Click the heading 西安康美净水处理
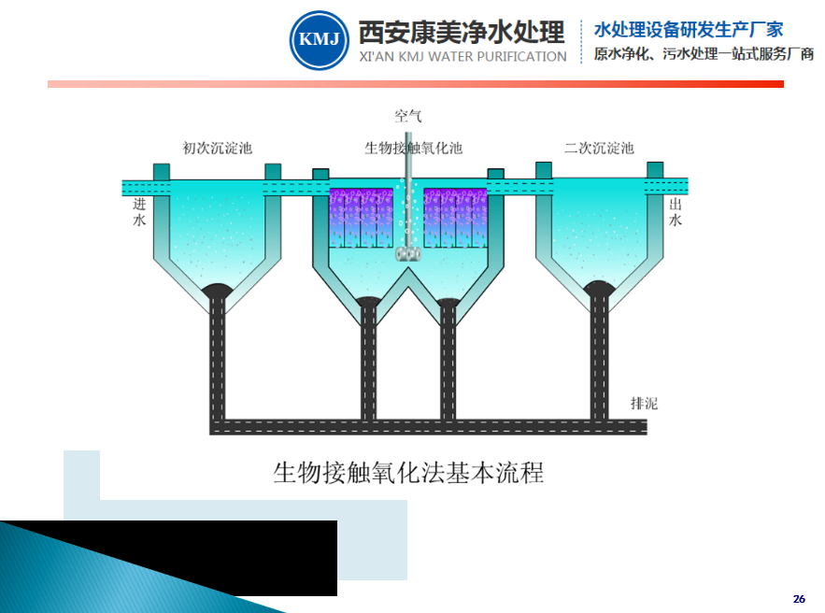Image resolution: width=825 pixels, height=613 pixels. click(x=462, y=32)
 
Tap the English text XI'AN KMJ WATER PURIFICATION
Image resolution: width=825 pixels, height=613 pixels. click(x=462, y=57)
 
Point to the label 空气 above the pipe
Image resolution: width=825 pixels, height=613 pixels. click(x=408, y=116)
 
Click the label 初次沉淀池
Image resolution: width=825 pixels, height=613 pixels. click(x=217, y=148)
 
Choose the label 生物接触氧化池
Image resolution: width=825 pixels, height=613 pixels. click(x=413, y=148)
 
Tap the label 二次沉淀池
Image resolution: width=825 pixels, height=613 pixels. click(x=599, y=148)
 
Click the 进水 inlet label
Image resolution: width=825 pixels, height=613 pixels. click(x=140, y=211)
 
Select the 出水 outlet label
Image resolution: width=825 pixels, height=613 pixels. click(x=676, y=211)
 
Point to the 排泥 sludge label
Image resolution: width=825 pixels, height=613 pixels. click(x=644, y=404)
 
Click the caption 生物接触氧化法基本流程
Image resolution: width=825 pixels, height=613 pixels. click(x=407, y=472)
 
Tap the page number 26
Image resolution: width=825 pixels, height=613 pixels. click(x=798, y=598)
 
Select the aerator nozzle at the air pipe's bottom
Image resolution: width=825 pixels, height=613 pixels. click(x=407, y=253)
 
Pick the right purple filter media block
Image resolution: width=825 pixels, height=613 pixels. click(x=455, y=218)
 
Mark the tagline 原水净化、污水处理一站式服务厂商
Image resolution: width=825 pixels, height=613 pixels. click(x=704, y=54)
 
